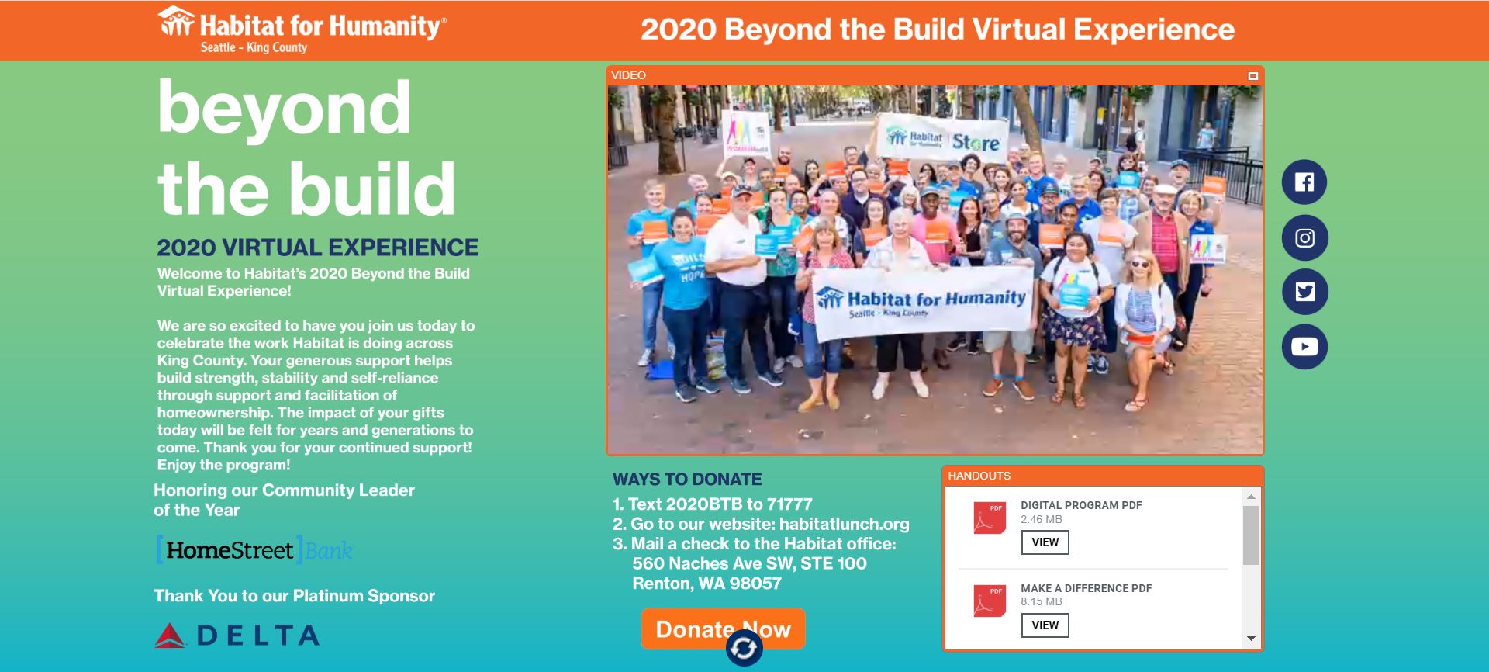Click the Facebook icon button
[x=1304, y=182]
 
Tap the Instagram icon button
[x=1304, y=237]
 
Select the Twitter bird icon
[x=1304, y=292]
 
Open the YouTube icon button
[x=1304, y=346]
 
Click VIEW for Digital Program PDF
[x=1045, y=542]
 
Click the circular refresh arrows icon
[x=744, y=648]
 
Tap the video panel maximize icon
[x=1252, y=76]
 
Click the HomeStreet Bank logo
[x=254, y=550]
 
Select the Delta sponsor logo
[x=237, y=636]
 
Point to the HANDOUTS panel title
[x=979, y=476]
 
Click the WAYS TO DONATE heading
[x=687, y=479]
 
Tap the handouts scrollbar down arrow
[x=1251, y=639]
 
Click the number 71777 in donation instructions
[x=789, y=504]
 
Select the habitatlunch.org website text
[x=844, y=524]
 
